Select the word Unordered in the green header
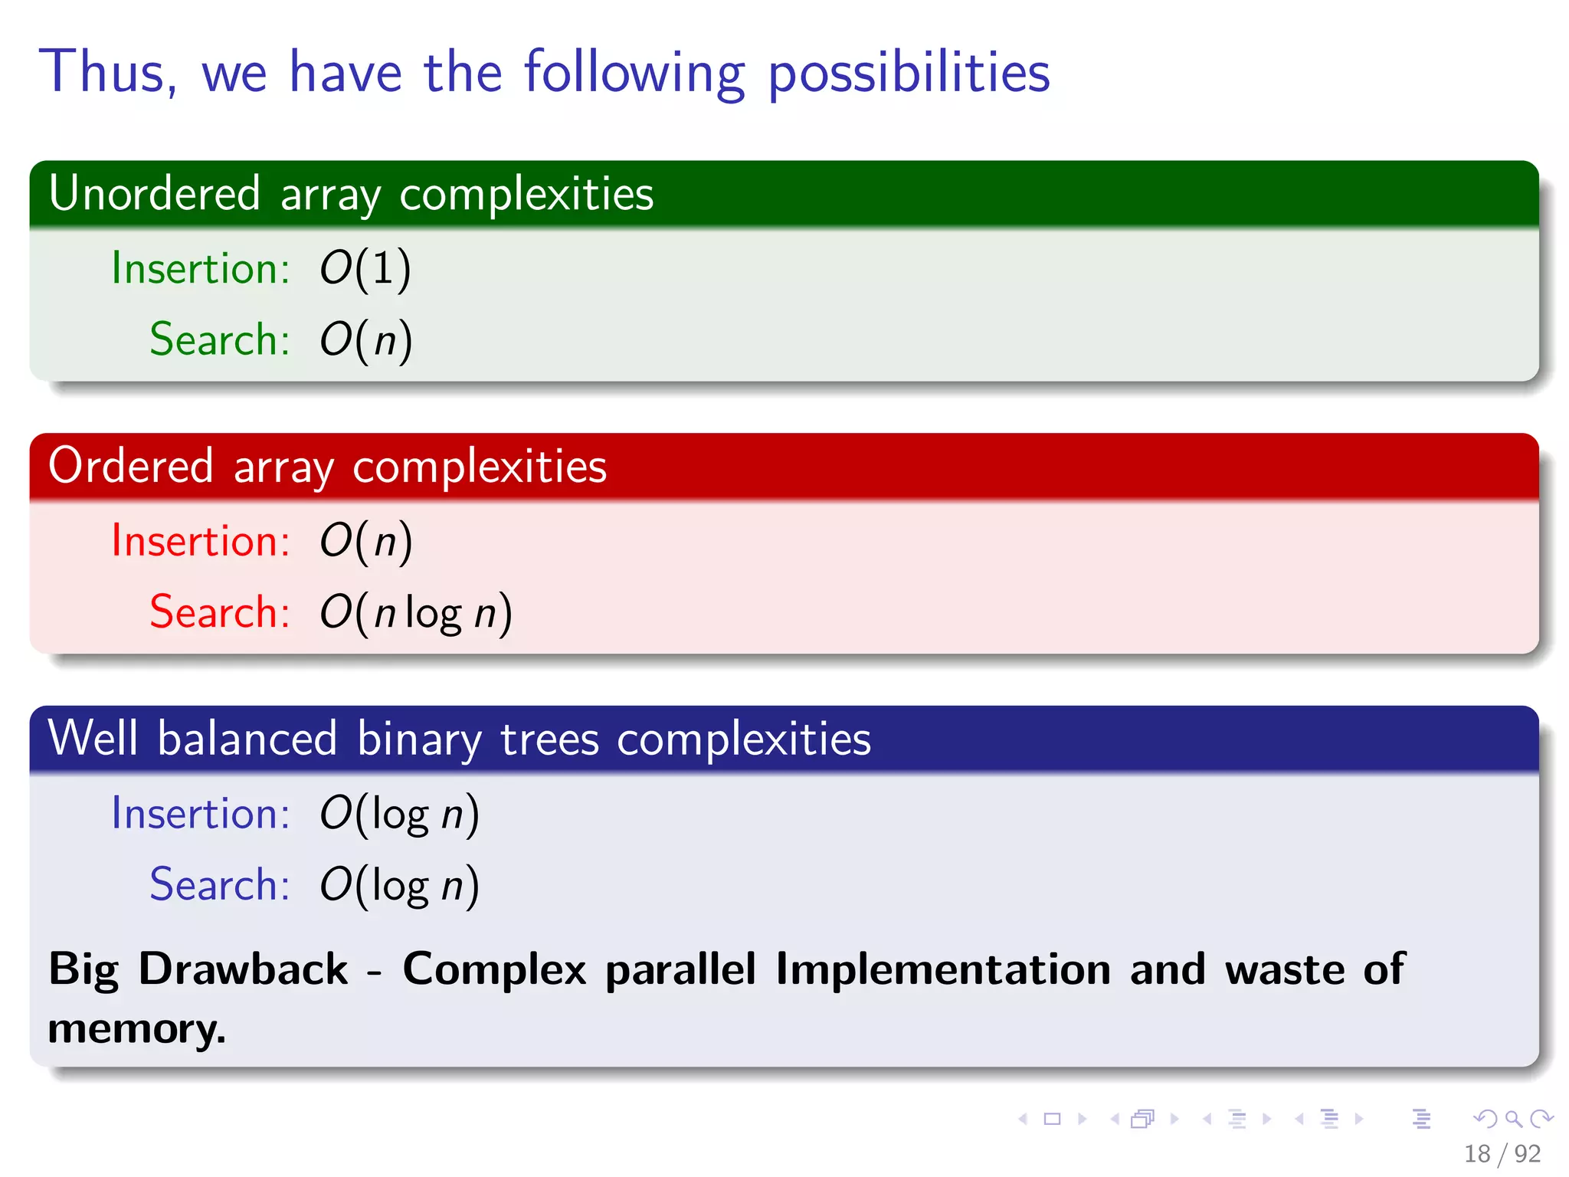[154, 193]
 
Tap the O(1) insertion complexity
[365, 268]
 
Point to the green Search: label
[219, 339]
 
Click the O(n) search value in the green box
[365, 339]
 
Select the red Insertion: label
[200, 541]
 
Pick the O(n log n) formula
[415, 612]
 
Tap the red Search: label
[219, 612]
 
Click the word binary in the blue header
[419, 739]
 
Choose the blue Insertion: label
[200, 814]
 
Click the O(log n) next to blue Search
[399, 885]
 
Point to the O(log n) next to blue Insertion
[399, 814]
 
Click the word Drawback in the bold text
[243, 969]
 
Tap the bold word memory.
[136, 1028]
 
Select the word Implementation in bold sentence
[942, 969]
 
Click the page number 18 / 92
[1502, 1153]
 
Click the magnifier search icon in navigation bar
[1513, 1119]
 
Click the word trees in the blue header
[549, 739]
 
